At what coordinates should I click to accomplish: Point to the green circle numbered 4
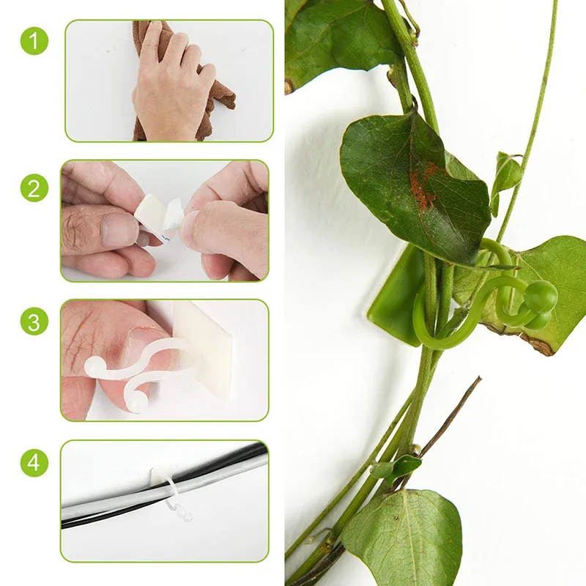pos(34,463)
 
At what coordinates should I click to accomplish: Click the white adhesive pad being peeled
pos(157,212)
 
